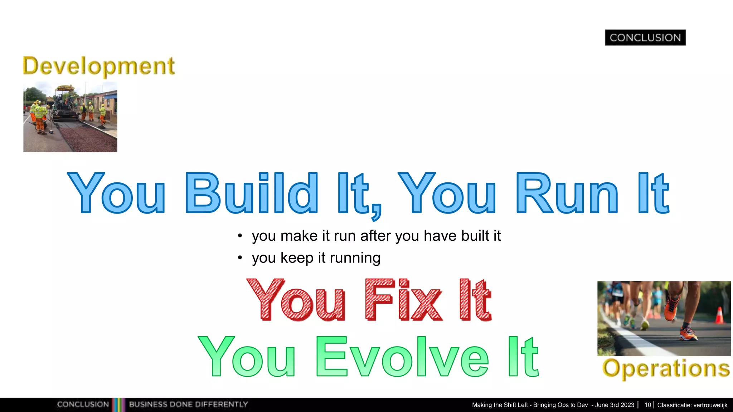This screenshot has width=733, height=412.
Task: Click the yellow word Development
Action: (x=99, y=67)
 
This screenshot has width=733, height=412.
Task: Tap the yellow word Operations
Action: (x=666, y=368)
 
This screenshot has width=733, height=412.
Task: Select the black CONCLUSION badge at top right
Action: (x=645, y=38)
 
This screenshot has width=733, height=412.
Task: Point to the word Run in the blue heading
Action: (x=567, y=193)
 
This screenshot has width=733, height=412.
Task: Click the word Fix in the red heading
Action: (x=404, y=300)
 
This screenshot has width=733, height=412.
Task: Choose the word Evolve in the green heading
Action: (x=402, y=357)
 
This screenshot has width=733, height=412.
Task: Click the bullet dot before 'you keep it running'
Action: (x=240, y=258)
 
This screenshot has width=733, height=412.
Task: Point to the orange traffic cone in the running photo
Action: (x=719, y=315)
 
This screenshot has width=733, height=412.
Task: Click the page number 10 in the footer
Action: (x=647, y=405)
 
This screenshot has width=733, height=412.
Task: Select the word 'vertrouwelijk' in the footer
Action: (x=710, y=405)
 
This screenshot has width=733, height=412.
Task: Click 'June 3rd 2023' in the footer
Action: (x=615, y=405)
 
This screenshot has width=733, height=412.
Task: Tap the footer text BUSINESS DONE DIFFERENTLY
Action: (x=188, y=404)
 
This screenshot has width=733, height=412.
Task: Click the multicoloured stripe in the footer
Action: (x=119, y=404)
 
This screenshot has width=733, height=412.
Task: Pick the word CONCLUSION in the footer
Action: (x=83, y=404)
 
